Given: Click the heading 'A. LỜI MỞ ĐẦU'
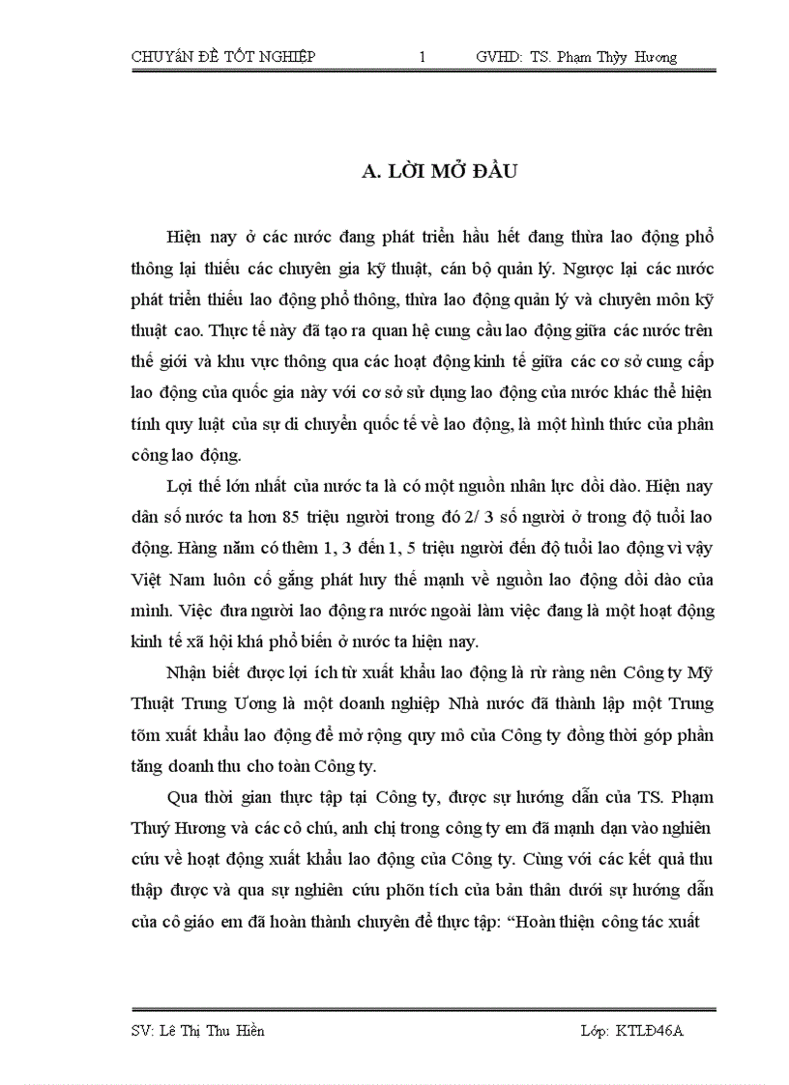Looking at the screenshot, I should (440, 172).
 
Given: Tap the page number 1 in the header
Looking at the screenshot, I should (423, 57).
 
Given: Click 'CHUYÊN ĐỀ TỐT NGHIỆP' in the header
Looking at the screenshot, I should (223, 57).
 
